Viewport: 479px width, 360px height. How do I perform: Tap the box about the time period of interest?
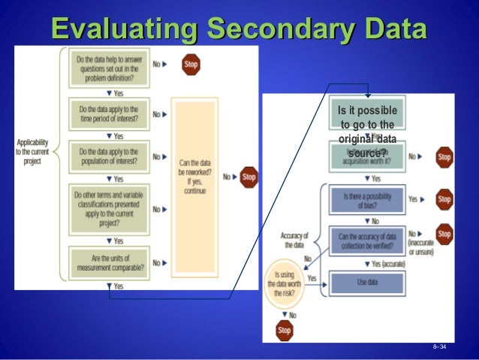[107, 114]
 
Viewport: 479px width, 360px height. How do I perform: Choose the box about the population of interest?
[107, 157]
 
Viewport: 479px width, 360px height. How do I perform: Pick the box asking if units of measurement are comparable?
[107, 262]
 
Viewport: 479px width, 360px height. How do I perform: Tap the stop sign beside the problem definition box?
[191, 65]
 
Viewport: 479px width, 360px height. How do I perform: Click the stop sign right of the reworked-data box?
[249, 177]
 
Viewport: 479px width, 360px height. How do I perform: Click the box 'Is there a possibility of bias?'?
[367, 200]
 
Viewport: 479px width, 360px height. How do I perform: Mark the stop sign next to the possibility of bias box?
[444, 199]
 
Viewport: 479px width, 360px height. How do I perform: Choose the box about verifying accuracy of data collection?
[367, 241]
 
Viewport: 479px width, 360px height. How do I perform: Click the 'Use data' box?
[367, 283]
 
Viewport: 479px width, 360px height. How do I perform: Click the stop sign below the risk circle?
[284, 329]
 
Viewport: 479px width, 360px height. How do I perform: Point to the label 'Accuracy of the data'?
[294, 240]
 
